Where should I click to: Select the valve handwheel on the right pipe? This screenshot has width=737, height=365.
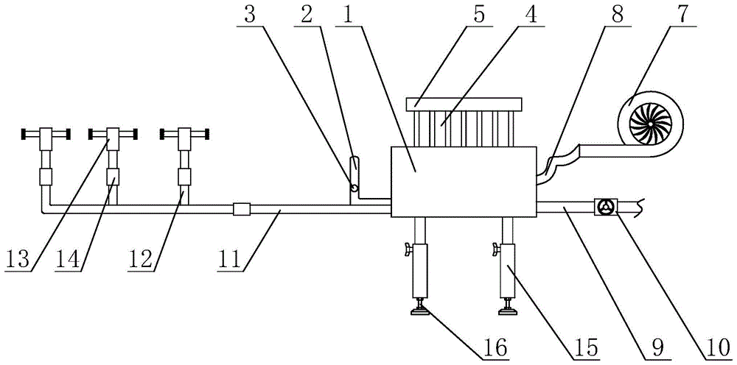click(x=606, y=208)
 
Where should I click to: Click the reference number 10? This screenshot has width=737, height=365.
click(x=712, y=346)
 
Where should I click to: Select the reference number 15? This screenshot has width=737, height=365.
click(x=587, y=346)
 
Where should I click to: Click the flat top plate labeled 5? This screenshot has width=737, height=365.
click(x=464, y=104)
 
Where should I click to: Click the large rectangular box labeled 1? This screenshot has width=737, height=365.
click(x=464, y=180)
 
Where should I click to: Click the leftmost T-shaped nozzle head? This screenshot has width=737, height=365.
click(x=44, y=135)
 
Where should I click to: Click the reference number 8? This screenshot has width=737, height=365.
click(x=616, y=16)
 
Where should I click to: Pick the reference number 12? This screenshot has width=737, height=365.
click(x=144, y=260)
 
